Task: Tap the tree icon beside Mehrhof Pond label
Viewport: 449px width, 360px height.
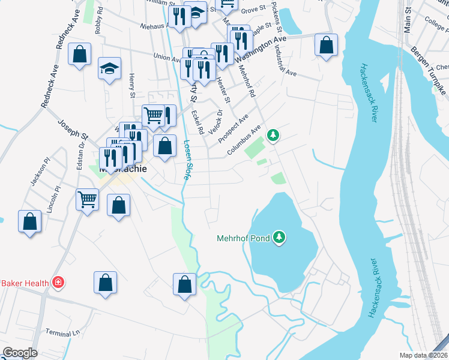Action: (279, 238)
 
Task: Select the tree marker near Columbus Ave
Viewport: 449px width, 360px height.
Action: (273, 136)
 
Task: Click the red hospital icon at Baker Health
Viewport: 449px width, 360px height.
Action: (58, 282)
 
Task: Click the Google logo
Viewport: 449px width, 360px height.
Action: (20, 353)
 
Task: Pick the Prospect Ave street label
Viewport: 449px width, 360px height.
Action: (233, 128)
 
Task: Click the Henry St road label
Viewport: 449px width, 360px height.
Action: (131, 86)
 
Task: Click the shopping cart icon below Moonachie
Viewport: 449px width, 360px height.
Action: (87, 199)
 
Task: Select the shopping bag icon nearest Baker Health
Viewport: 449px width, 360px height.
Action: (105, 283)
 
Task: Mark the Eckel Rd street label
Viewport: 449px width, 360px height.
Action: (196, 121)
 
